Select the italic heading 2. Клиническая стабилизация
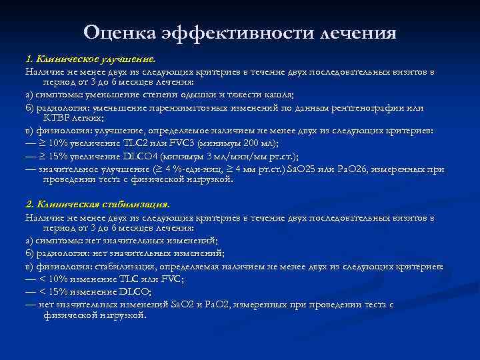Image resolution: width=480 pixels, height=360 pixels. click(97, 204)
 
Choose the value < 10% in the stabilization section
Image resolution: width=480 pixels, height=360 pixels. click(53, 279)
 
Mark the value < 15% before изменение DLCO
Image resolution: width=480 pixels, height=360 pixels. click(53, 292)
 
